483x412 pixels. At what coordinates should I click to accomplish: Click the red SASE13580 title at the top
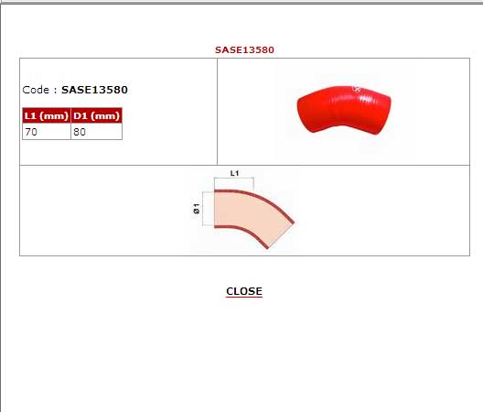[244, 49]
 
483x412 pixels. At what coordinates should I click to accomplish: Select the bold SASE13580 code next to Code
[94, 90]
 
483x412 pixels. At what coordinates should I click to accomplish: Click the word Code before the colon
[36, 90]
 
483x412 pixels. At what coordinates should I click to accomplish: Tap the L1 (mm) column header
[47, 115]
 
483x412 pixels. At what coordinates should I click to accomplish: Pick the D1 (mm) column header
[96, 115]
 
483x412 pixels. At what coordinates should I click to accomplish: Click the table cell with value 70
[47, 132]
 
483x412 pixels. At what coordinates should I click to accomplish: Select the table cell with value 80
[96, 132]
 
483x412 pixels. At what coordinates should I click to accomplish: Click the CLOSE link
[244, 291]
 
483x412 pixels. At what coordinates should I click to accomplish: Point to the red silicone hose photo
[344, 110]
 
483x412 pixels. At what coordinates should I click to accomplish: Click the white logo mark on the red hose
[357, 90]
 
